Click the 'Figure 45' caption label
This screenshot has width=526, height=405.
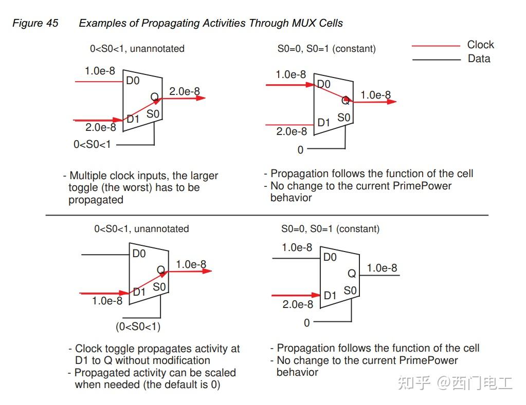point(35,23)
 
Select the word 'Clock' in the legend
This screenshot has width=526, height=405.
point(480,45)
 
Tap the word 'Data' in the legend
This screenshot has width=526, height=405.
point(479,59)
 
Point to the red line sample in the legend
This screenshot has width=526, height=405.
point(436,46)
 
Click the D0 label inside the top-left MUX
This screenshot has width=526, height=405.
point(133,81)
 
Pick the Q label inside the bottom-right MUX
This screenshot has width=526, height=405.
point(352,274)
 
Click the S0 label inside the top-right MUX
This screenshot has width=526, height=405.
point(344,118)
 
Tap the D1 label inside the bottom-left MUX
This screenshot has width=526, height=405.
point(139,292)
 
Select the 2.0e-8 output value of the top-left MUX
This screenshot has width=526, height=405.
point(185,91)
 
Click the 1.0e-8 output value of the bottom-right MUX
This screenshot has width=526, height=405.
point(382,268)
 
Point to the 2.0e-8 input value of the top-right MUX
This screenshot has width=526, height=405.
point(291,131)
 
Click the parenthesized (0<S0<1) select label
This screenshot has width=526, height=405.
point(138,326)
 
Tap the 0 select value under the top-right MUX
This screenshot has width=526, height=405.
point(301,150)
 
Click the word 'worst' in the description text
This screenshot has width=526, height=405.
point(124,187)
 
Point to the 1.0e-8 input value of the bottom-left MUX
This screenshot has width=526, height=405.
point(107,301)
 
